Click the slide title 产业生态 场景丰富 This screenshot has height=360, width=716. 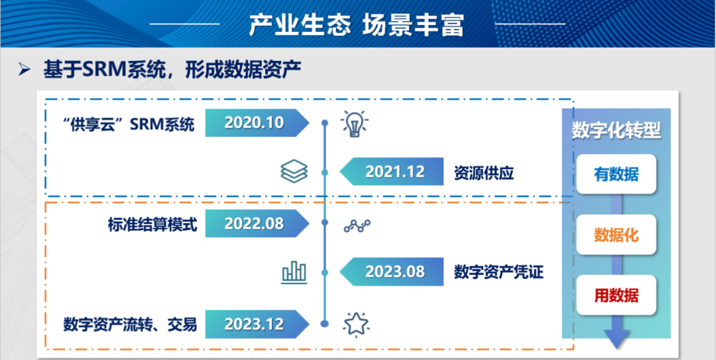(356, 25)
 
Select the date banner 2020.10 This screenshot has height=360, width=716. (257, 123)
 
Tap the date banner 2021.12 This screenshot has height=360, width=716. (392, 171)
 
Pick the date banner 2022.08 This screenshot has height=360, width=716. (257, 223)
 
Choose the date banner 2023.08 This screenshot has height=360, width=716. (392, 272)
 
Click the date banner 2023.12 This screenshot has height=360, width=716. (257, 324)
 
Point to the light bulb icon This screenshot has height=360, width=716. (355, 123)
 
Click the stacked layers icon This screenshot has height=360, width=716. (294, 171)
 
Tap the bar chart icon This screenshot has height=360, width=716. (294, 272)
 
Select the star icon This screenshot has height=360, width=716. (356, 324)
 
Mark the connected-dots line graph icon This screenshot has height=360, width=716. (357, 225)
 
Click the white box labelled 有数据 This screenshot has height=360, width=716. (617, 174)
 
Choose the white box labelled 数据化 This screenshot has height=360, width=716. (617, 235)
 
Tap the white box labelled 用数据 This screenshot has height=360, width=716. (617, 295)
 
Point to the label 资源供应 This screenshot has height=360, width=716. (484, 172)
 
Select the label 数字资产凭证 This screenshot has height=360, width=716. (499, 272)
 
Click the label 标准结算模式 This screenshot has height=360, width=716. (152, 225)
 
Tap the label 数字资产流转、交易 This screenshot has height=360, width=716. (130, 325)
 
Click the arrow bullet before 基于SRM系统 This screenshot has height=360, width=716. (25, 70)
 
